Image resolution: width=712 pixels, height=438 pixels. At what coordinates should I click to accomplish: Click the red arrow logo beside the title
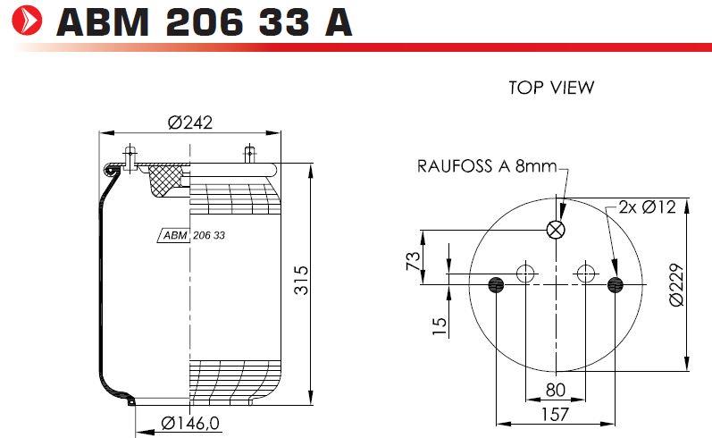[x=27, y=20]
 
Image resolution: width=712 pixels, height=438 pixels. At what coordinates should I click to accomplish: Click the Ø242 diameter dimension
[x=189, y=122]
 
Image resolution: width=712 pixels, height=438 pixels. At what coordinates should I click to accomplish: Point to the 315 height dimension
[x=301, y=280]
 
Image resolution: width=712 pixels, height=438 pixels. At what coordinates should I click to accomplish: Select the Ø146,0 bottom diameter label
[x=190, y=423]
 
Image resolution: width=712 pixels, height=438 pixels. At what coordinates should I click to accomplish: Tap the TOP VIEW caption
[x=551, y=88]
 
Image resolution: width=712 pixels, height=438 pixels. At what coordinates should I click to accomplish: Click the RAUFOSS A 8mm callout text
[x=487, y=166]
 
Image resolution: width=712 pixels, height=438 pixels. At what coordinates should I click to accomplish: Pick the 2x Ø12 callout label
[x=647, y=207]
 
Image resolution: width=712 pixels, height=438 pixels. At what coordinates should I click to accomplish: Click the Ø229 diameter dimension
[x=676, y=285]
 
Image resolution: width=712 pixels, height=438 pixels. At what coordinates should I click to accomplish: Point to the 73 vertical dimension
[x=414, y=261]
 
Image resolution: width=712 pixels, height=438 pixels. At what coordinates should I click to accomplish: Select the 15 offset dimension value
[x=440, y=326]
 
